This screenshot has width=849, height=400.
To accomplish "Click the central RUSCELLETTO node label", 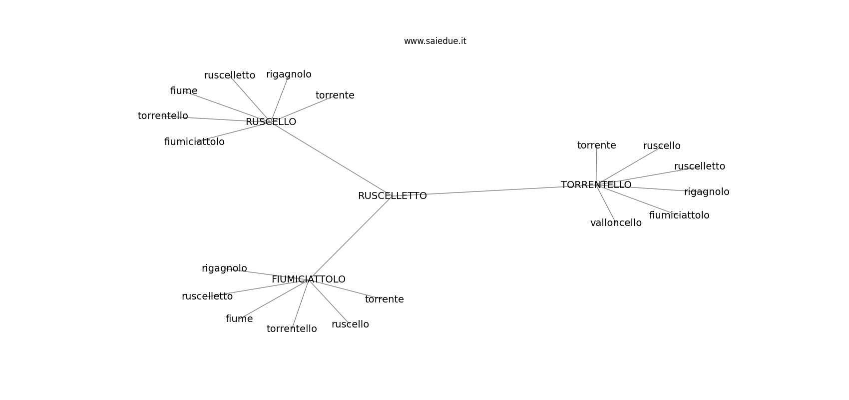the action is pos(392,196).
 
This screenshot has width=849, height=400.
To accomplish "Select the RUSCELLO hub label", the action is pos(271,122).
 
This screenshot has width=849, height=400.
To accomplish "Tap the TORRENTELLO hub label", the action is pos(596,185).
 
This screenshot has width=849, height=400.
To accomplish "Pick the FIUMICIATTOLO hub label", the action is pos(309,279).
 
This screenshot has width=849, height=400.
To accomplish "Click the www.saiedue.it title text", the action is pos(435,41).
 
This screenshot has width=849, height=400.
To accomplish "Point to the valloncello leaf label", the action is pos(616,223).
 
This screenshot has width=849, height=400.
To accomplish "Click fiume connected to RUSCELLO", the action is pos(184,91).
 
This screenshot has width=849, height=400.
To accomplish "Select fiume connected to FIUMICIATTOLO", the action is pos(239,319).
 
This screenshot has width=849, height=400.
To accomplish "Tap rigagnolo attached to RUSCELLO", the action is pos(289,74).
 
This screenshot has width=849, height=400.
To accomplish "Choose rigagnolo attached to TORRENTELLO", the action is pos(707,192).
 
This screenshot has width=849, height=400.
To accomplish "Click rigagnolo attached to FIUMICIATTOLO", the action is pos(224,268).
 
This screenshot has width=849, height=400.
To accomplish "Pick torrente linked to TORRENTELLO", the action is pos(597,145).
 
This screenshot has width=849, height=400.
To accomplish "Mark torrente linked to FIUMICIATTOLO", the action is pos(385,299).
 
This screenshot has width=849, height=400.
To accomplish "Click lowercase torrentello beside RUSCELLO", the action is pos(163,115).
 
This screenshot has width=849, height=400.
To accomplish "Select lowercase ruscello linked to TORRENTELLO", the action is pos(662,145).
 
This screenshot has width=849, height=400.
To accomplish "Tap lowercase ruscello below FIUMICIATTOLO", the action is pos(350,324).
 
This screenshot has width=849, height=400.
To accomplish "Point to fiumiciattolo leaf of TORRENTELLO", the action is pos(679,215).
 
